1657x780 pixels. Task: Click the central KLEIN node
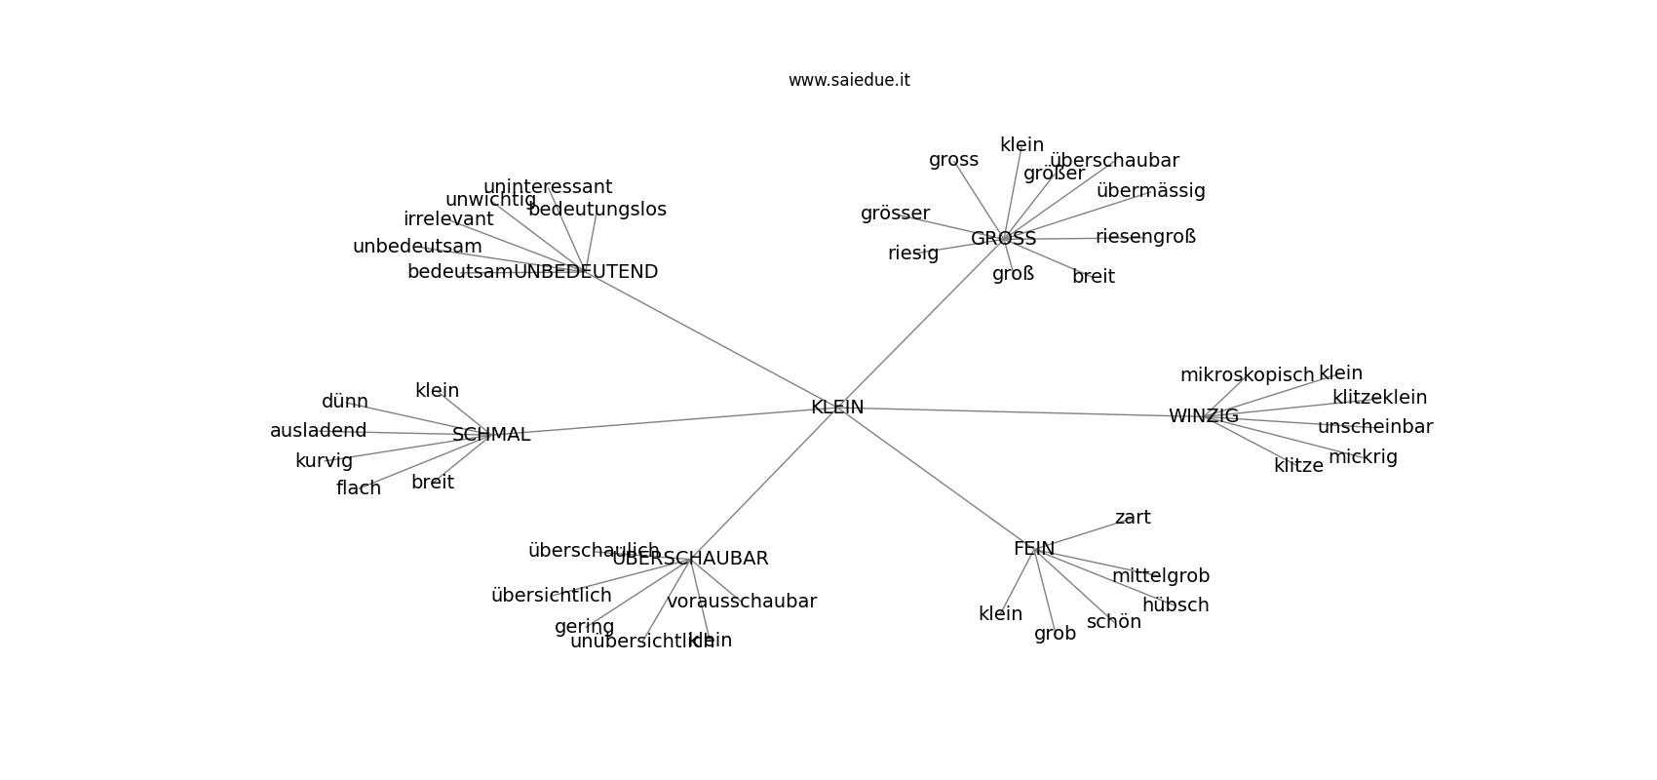click(837, 408)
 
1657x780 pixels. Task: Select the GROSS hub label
click(1003, 239)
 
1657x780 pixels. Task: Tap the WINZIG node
click(1203, 416)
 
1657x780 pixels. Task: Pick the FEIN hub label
click(1033, 549)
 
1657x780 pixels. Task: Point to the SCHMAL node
click(491, 435)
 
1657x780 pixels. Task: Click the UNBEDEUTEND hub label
click(586, 272)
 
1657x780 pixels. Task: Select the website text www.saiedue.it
click(849, 80)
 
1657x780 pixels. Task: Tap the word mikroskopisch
click(1247, 375)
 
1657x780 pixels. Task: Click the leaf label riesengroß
click(1145, 237)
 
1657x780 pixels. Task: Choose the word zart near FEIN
click(1133, 518)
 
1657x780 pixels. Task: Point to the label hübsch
click(1175, 605)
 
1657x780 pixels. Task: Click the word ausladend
click(319, 431)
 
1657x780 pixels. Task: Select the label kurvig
click(324, 461)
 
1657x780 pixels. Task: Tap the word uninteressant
click(548, 187)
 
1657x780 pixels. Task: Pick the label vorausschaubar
click(742, 602)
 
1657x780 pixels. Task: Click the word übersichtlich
click(552, 596)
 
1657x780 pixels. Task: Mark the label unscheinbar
click(1375, 427)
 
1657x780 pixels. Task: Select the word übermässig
click(1150, 191)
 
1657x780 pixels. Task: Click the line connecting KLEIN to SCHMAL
click(663, 421)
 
